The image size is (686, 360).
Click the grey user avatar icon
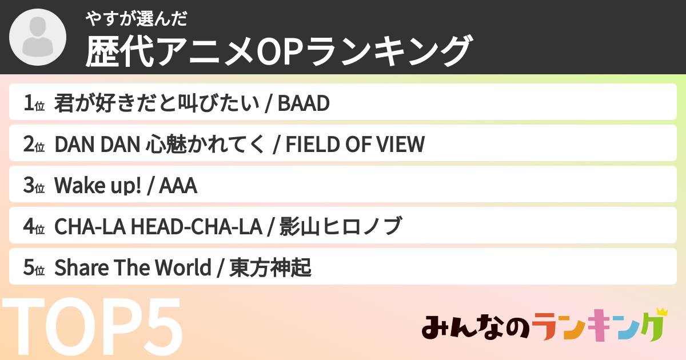(38, 37)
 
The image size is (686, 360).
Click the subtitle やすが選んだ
(136, 19)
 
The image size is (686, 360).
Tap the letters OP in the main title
(278, 51)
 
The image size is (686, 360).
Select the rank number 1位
(34, 103)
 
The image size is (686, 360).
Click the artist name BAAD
(304, 103)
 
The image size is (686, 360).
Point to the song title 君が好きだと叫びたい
(157, 103)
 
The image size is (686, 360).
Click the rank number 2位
(34, 144)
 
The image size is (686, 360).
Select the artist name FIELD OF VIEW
(355, 144)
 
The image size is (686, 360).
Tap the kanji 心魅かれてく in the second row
(205, 144)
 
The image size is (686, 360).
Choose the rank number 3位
(34, 185)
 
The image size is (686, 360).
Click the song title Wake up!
(98, 186)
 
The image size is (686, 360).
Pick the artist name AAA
(178, 186)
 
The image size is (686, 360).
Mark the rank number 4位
(34, 226)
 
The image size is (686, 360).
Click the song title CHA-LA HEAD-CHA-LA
(158, 227)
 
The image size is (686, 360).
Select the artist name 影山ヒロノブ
(341, 226)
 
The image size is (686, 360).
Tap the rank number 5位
(34, 267)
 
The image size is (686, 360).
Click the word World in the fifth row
(183, 267)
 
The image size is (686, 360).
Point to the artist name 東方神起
(270, 267)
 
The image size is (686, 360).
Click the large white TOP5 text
(92, 326)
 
